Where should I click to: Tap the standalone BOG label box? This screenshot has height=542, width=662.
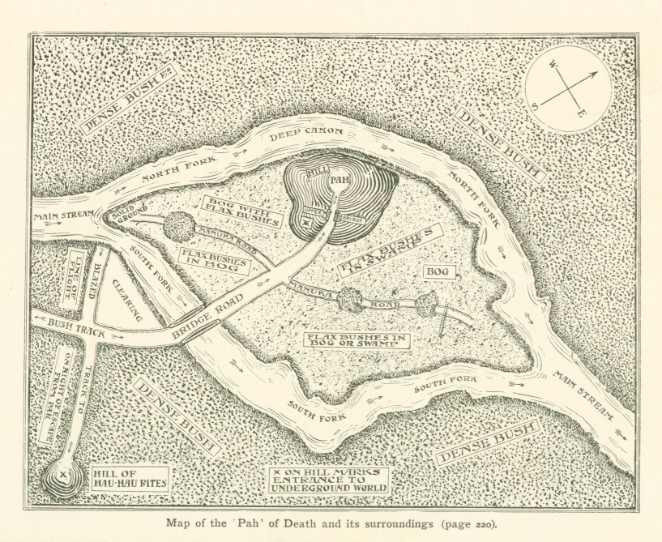[x=438, y=272]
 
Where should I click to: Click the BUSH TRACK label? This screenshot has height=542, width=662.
[x=71, y=324]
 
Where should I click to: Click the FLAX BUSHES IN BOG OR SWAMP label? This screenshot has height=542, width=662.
[x=354, y=340]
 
